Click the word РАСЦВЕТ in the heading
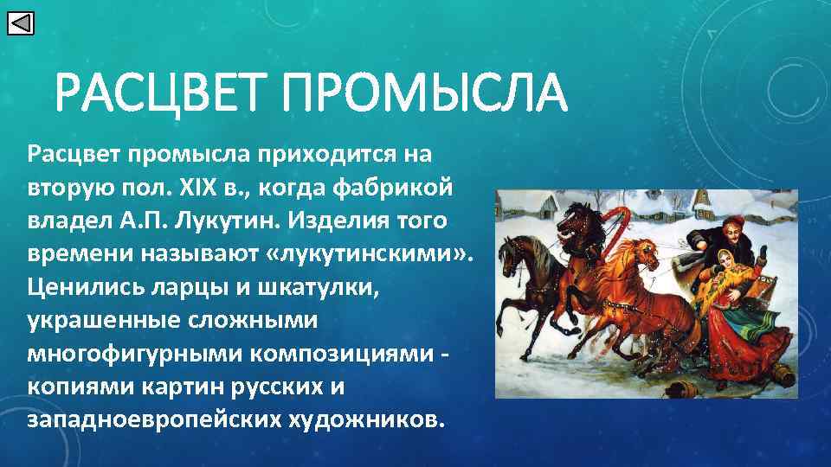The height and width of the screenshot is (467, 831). click(162, 94)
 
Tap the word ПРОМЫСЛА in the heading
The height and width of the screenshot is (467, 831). click(423, 94)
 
